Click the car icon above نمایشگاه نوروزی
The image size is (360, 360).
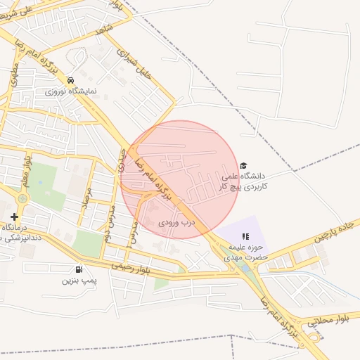(x=70, y=79)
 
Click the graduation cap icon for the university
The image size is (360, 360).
(x=243, y=165)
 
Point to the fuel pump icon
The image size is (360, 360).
(x=77, y=269)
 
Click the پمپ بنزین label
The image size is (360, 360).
(x=77, y=281)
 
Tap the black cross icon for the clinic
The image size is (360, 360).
(x=14, y=217)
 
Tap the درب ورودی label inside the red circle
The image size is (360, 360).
(x=175, y=222)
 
